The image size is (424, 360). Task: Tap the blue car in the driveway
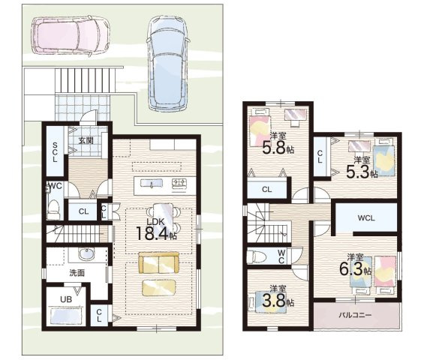tap(168, 63)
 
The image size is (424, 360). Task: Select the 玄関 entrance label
tap(86, 140)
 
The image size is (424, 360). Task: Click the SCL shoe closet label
tap(55, 152)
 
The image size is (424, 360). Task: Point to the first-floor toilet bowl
tap(53, 207)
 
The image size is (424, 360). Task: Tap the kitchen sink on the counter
tap(151, 184)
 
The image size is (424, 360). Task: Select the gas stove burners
tap(179, 184)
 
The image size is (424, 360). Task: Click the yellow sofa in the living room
tap(159, 262)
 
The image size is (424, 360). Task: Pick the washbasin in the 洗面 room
tap(86, 254)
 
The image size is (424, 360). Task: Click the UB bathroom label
tap(66, 299)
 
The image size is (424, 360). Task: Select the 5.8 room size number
tap(274, 148)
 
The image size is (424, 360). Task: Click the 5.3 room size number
tap(358, 172)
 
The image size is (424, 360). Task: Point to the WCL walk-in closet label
tap(366, 217)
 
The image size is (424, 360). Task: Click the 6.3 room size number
tap(351, 269)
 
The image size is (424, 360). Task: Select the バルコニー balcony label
tap(355, 315)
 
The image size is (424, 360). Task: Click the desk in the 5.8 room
tap(295, 115)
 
